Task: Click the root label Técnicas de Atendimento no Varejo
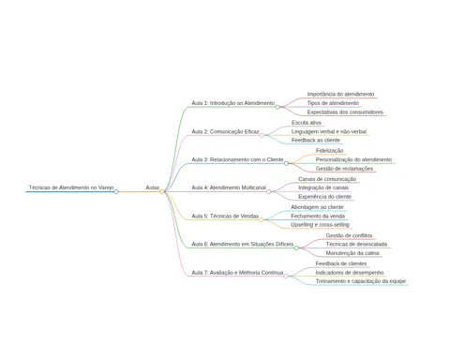click(71, 187)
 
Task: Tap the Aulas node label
click(153, 187)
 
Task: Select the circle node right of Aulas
click(162, 191)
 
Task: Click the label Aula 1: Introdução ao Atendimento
click(233, 103)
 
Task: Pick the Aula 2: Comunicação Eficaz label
click(225, 131)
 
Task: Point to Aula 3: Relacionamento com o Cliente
click(237, 159)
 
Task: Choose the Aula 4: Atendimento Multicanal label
click(229, 187)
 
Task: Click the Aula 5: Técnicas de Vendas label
click(225, 216)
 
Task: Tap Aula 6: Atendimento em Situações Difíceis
click(243, 244)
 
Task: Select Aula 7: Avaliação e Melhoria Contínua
click(237, 273)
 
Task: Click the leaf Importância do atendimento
click(340, 94)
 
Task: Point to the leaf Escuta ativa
click(307, 123)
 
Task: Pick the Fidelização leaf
click(329, 151)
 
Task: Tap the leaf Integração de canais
click(323, 187)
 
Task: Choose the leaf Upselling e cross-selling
click(320, 225)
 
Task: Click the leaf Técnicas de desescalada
click(356, 244)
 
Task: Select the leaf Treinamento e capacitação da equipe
click(361, 281)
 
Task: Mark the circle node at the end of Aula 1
click(277, 107)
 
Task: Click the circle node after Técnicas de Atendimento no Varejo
click(116, 191)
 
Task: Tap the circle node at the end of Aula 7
click(286, 277)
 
